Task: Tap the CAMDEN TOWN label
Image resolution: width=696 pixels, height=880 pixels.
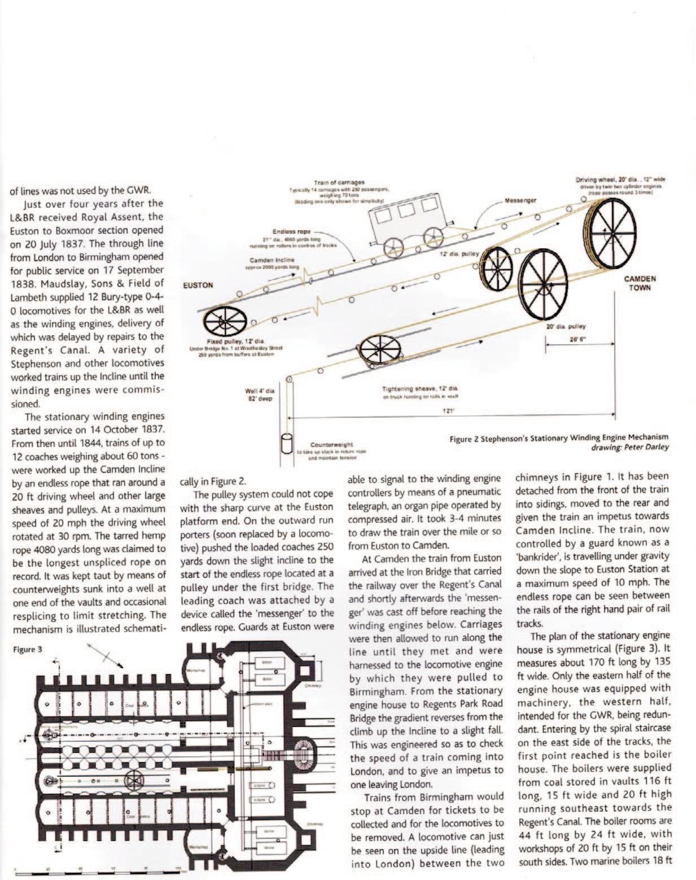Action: point(640,283)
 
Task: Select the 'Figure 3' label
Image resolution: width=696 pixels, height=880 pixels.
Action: point(27,649)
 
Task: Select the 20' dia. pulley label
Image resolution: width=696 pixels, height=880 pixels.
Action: point(566,326)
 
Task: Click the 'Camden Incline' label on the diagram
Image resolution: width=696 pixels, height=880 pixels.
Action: point(272,260)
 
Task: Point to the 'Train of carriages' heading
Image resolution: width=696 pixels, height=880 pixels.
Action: point(339,182)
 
